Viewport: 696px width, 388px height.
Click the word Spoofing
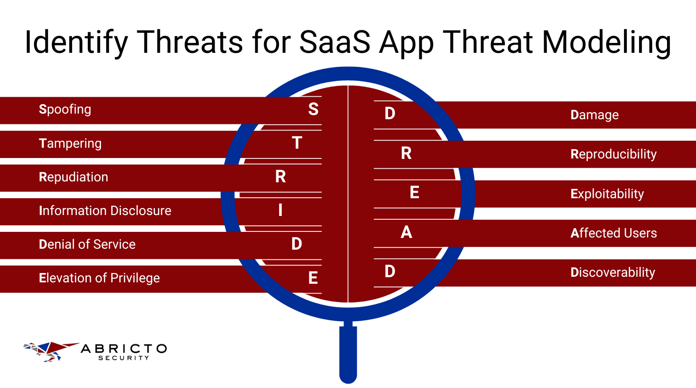65,109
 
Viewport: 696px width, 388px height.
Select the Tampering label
70,144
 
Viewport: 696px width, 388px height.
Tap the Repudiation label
73,177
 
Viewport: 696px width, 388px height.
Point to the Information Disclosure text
105,211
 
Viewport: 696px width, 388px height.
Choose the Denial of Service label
87,244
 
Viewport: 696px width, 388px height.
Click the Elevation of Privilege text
99,278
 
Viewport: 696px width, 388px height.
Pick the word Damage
594,115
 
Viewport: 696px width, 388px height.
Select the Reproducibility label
613,154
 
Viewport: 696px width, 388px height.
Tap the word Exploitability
607,194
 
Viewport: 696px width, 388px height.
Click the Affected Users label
613,233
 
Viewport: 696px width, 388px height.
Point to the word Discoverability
612,273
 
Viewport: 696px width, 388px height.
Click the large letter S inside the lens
313,109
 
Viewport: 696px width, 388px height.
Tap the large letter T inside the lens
297,143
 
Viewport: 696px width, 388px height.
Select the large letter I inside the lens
280,210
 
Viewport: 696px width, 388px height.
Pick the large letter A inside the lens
406,232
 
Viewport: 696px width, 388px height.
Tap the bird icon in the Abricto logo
49,351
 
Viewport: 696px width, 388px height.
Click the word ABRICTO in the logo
123,349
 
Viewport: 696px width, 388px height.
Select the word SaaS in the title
335,42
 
